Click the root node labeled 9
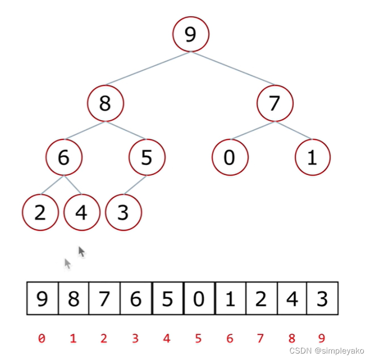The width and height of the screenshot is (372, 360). pos(190,34)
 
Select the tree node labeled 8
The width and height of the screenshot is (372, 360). pos(105,103)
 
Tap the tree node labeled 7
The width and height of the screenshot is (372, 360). pos(274,103)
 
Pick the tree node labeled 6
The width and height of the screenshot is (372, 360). pos(64,158)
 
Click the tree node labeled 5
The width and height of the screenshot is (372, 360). pos(147,158)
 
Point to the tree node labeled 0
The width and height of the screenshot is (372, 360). pos(229,158)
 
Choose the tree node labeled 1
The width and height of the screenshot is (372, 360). pos(313,158)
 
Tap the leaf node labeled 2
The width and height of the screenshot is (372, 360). pos(40,212)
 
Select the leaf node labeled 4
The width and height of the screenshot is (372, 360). pos(81,212)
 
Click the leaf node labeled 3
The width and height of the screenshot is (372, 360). pos(123,212)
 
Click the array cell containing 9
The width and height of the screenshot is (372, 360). pos(42,298)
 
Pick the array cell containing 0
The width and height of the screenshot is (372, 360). pos(199,298)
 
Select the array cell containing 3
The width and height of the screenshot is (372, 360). pos(323,298)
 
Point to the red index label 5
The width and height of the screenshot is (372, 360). pos(199,339)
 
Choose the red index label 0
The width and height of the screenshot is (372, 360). pos(42,339)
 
